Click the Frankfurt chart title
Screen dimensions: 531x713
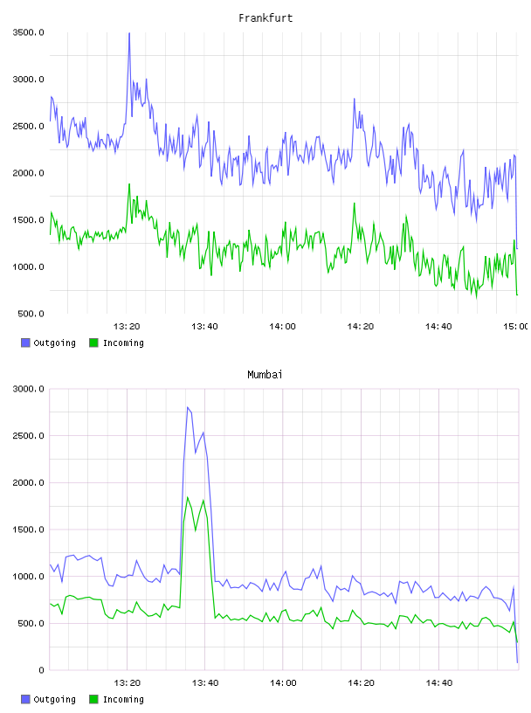265,18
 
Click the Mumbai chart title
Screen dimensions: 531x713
265,375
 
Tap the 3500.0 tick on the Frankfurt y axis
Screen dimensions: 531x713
28,32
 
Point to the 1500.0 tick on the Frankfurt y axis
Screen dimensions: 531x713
28,220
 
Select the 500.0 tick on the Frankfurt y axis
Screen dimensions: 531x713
31,314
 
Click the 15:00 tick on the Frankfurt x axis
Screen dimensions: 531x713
516,327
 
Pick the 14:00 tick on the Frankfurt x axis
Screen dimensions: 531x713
282,327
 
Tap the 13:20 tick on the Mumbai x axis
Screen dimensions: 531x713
127,683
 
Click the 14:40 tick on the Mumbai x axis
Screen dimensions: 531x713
438,683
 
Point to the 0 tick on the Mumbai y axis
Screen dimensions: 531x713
41,670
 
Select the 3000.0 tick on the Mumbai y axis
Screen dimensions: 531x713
28,389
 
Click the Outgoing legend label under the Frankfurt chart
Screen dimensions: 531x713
54,343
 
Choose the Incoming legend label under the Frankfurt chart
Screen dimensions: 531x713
123,343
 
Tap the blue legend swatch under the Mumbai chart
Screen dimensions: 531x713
25,699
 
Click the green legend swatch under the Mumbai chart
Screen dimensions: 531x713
93,699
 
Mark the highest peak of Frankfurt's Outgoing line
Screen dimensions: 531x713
129,33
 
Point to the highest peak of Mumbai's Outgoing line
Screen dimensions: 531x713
187,407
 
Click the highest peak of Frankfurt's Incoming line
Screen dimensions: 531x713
129,184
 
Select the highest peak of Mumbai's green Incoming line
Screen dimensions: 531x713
187,497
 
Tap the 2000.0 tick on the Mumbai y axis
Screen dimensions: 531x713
28,482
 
